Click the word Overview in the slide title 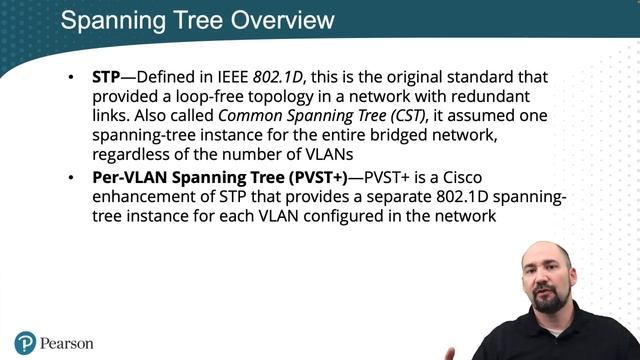(277, 20)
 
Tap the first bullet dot (70, 77)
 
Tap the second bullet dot (70, 178)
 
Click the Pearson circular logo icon (24, 343)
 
